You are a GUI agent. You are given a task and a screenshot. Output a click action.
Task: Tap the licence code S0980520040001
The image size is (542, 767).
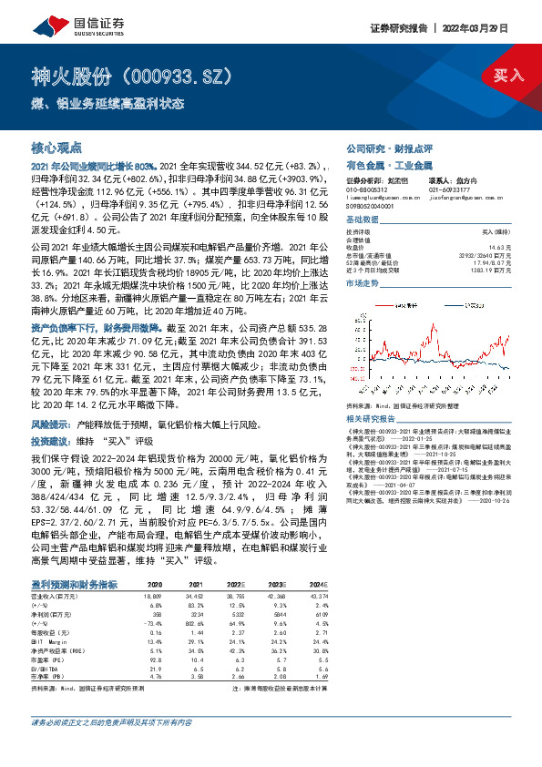[372, 207]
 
